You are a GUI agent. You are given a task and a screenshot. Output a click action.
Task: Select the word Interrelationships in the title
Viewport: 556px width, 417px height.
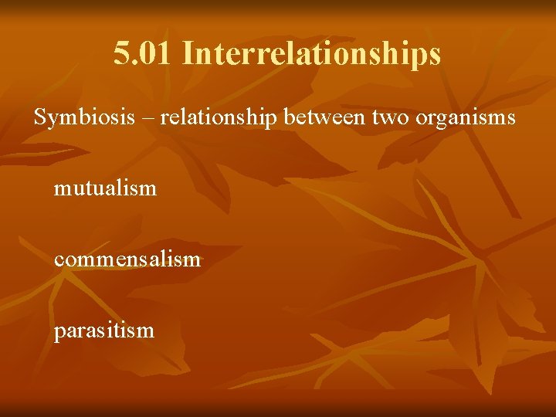tap(312, 53)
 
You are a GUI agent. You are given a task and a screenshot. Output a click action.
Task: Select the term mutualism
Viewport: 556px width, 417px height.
tap(105, 187)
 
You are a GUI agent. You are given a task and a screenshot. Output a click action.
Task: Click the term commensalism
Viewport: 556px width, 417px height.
tap(127, 259)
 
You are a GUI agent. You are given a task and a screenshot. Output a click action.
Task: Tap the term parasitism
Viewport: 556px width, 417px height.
tap(104, 331)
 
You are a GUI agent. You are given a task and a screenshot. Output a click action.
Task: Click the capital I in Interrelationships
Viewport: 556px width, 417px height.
tap(189, 53)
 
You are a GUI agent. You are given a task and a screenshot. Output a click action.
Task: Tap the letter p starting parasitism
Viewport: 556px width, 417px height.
tap(59, 333)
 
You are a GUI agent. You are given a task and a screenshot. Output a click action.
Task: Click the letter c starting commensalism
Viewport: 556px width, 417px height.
tap(59, 259)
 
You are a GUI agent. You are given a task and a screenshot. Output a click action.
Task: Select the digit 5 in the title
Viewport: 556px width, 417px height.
tap(120, 53)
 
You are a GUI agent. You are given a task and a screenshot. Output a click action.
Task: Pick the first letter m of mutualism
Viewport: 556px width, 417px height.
tap(61, 188)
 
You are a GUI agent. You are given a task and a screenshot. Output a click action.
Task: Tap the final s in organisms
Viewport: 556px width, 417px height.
tap(511, 119)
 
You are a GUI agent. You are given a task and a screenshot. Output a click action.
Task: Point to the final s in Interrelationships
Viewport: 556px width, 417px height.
tap(435, 54)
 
